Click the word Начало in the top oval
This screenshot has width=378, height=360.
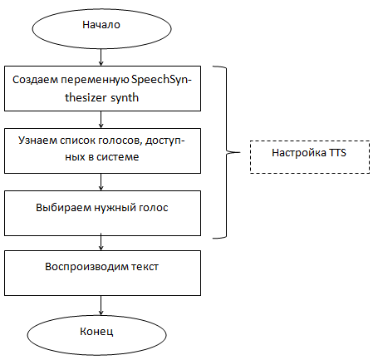[101, 25]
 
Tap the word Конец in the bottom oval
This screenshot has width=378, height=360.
[96, 331]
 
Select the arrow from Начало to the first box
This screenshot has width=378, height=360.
[101, 57]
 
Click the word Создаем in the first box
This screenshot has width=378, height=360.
[36, 80]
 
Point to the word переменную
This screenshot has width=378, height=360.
[95, 80]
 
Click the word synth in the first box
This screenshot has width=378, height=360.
[125, 97]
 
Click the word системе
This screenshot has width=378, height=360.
[118, 157]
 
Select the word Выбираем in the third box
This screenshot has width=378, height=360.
[63, 208]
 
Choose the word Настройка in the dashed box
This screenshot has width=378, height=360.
[299, 153]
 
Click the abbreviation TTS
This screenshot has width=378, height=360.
[337, 153]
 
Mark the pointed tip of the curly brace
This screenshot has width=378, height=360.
[240, 152]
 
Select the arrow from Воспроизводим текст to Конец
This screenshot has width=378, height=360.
[101, 305]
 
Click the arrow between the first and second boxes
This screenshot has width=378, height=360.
[101, 120]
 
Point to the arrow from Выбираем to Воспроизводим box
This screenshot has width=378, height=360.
[101, 242]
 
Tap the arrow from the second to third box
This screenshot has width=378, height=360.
[101, 182]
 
